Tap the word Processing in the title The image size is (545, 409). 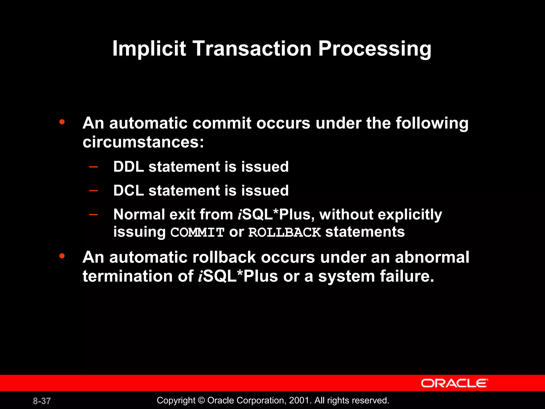(x=374, y=49)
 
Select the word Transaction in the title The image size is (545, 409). (x=252, y=49)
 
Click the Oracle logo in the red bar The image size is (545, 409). (x=454, y=383)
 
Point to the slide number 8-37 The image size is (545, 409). (x=42, y=401)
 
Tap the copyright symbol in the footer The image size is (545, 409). (x=201, y=400)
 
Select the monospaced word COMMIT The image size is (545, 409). (x=197, y=232)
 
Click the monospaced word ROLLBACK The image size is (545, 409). (x=284, y=232)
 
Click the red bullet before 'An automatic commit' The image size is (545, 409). (x=62, y=122)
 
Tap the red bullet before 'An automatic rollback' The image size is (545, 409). (x=62, y=256)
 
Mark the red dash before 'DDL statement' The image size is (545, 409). (x=93, y=167)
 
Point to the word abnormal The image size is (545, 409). (x=432, y=257)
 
